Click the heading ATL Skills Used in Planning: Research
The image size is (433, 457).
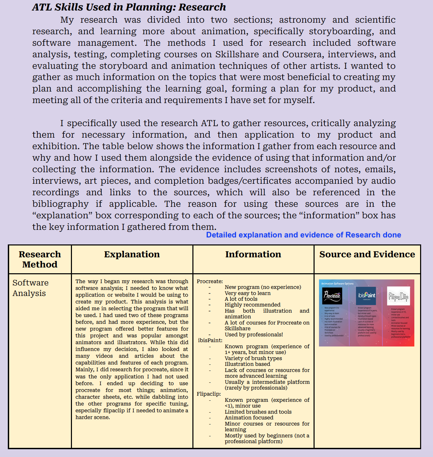[x=129, y=7]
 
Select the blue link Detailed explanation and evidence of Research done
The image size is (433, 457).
[x=303, y=235]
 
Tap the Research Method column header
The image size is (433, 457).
[x=40, y=259]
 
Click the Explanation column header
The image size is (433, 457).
[x=132, y=254]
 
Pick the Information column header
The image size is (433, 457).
[x=253, y=254]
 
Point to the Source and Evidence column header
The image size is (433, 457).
[x=367, y=254]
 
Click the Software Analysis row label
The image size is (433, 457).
[x=31, y=288]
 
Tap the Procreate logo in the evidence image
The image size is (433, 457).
[x=332, y=296]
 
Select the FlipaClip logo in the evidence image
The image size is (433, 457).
[x=398, y=296]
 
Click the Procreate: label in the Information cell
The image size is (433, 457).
[x=210, y=281]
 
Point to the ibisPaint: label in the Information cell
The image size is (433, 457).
[x=210, y=340]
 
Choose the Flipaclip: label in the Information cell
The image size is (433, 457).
[x=209, y=394]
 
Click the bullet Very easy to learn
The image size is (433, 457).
[x=247, y=293]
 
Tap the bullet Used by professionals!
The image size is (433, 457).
[x=253, y=335]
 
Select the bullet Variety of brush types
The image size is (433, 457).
[x=253, y=358]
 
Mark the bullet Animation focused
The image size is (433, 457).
[x=249, y=418]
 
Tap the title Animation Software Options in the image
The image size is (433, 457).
[x=337, y=284]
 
